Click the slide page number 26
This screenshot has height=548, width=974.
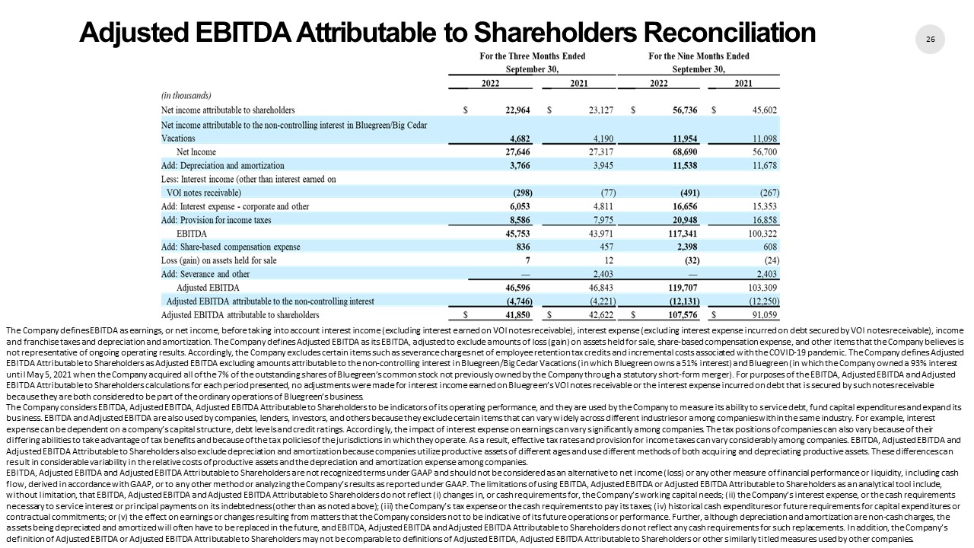click(930, 39)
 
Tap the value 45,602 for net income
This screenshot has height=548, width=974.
click(765, 110)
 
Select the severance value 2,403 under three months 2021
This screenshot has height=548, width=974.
click(597, 275)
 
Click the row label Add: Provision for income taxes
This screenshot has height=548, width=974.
click(216, 220)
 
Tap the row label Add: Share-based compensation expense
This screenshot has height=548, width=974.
click(231, 247)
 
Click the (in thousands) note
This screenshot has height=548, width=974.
click(186, 96)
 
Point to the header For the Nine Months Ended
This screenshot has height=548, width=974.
click(699, 56)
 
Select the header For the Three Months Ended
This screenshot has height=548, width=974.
click(532, 56)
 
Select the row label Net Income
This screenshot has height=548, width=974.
click(197, 151)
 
